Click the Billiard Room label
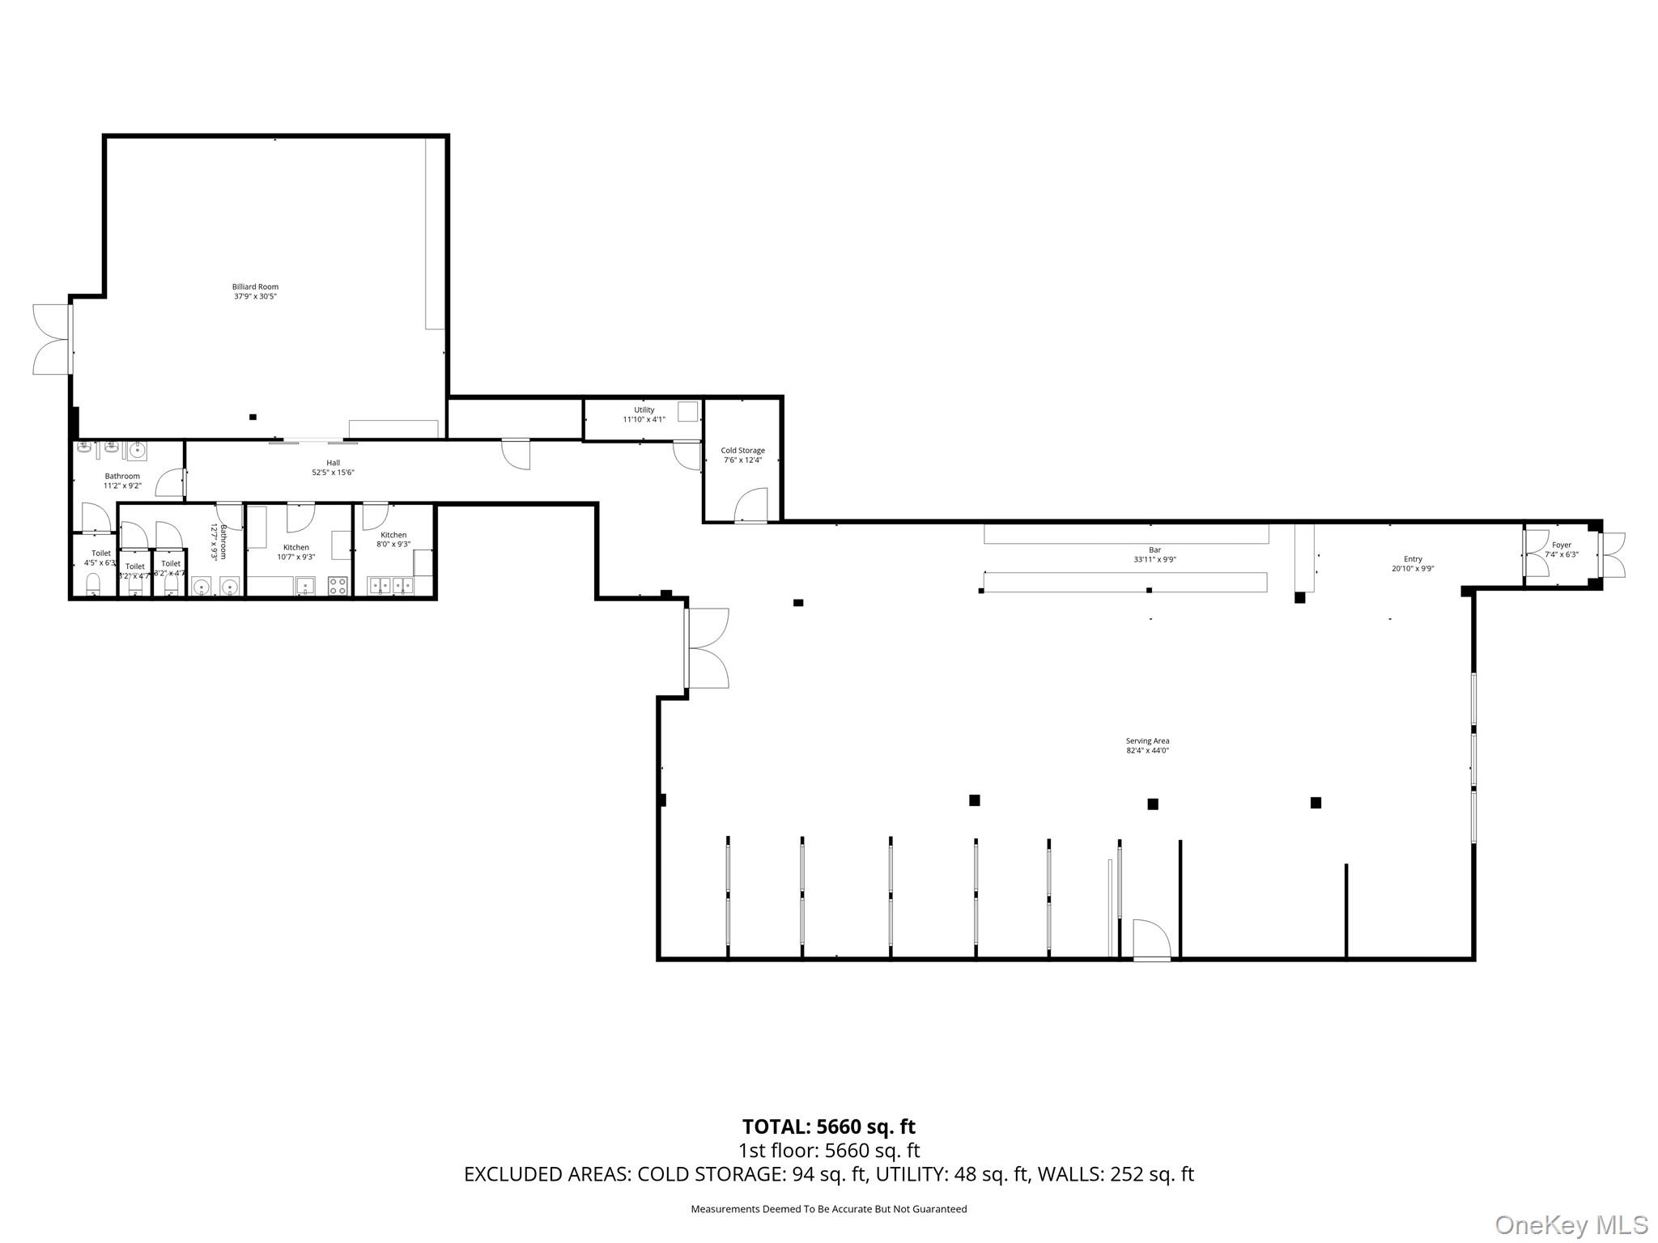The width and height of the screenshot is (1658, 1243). [255, 286]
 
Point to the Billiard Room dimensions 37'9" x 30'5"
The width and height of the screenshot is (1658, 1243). [255, 297]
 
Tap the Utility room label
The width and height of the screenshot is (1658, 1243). [644, 409]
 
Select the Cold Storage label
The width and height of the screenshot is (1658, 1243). [742, 450]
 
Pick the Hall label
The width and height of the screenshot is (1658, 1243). [333, 463]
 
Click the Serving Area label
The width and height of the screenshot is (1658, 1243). [1147, 740]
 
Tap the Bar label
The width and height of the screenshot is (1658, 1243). [1154, 549]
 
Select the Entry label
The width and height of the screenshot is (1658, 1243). [1413, 559]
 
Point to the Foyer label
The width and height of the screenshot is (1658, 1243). [1562, 545]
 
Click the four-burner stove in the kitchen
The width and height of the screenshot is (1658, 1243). [338, 585]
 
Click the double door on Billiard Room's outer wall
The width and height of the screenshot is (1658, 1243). [51, 339]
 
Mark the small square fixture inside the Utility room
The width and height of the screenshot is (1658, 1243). [687, 411]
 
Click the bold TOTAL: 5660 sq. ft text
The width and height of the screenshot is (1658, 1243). [828, 1126]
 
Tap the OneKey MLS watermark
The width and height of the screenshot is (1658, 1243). [1571, 1224]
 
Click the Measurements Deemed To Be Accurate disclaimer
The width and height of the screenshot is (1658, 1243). [828, 1209]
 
